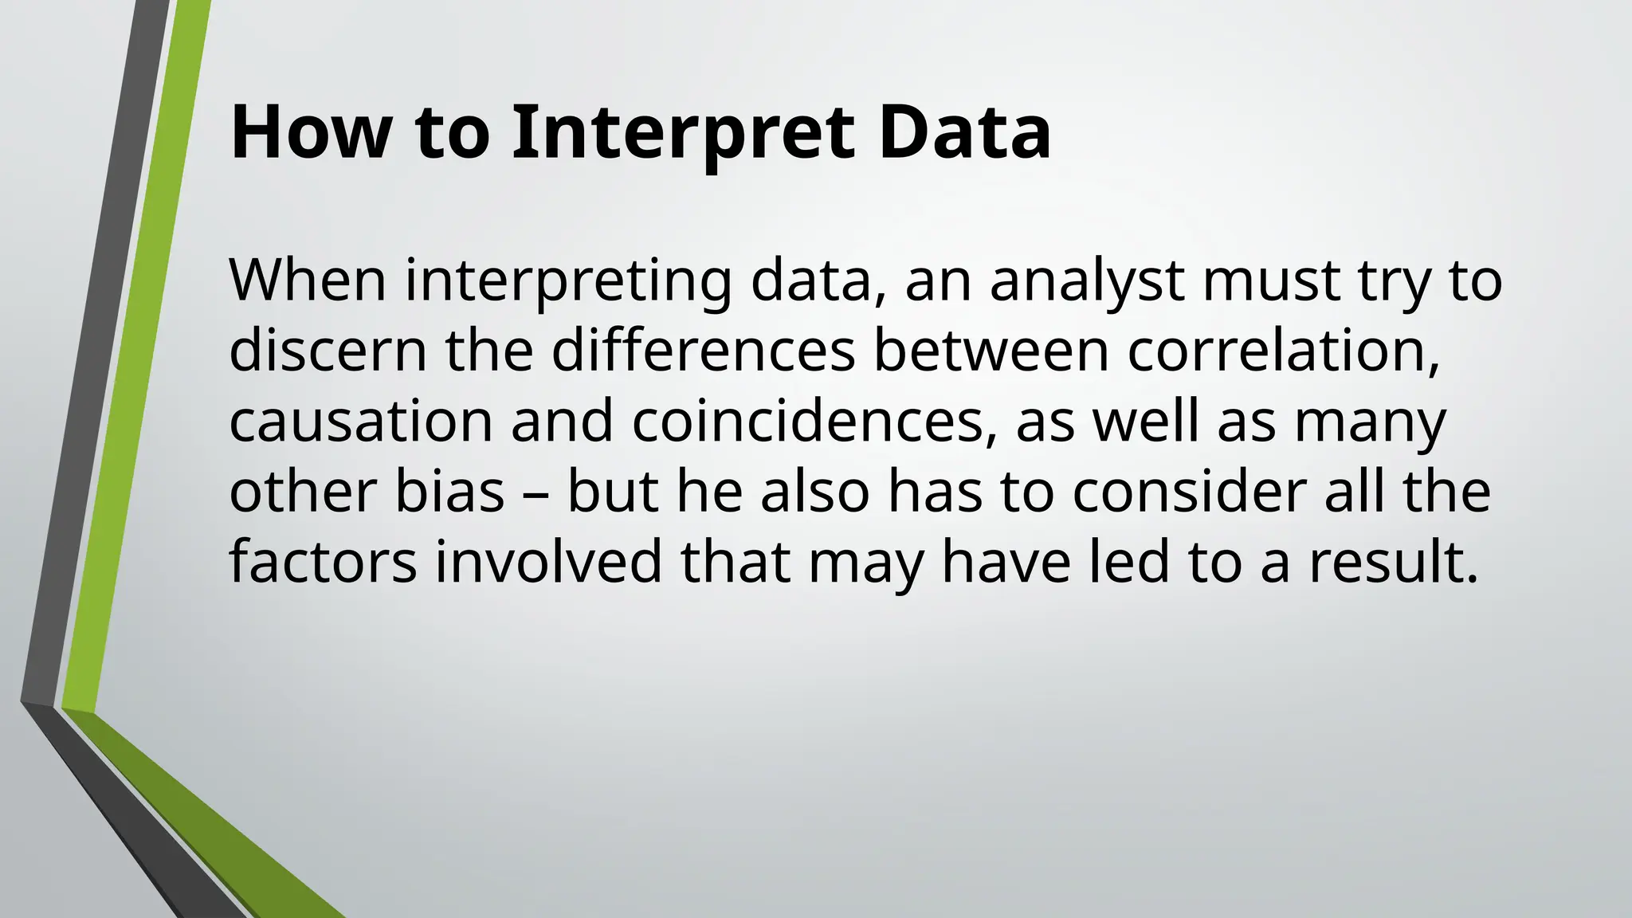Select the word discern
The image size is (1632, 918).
(328, 350)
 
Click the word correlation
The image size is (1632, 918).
(1283, 350)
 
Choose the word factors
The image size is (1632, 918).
(323, 561)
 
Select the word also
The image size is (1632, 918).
(814, 491)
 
